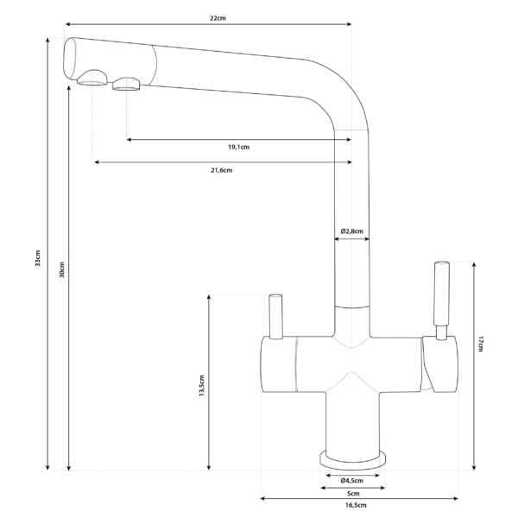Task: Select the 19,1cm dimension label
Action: click(239, 147)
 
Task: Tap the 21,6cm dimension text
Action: click(221, 170)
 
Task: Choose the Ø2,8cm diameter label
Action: click(351, 231)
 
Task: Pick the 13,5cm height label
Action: click(201, 385)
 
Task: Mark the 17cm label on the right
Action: click(481, 343)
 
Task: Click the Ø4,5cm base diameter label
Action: click(351, 480)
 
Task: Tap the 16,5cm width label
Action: click(356, 505)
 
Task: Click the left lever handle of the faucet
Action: click(276, 316)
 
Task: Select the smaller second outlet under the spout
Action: click(126, 84)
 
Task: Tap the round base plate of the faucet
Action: click(352, 459)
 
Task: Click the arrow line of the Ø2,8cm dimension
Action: click(351, 242)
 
